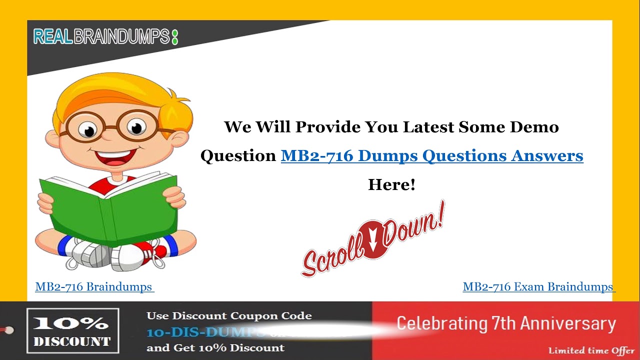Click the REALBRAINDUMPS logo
pos(102,36)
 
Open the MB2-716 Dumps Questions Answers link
pos(432,155)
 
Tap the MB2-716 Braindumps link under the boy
pos(94,287)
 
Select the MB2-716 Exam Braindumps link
pos(538,287)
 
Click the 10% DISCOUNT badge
pos(72,330)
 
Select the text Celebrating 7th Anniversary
pos(506,323)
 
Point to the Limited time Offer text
pos(591,350)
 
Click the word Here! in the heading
pos(391,184)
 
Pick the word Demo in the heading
pos(534,127)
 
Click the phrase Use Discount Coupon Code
pos(229,316)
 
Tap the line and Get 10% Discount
pos(215,347)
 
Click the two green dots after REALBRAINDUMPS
pos(174,37)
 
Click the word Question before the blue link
pos(238,156)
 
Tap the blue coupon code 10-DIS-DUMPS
pos(205,332)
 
